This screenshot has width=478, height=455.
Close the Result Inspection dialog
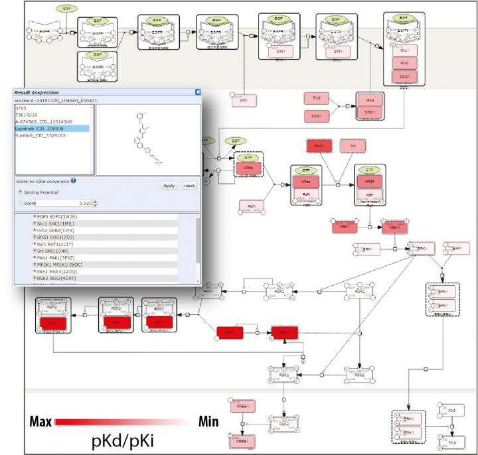[x=197, y=92]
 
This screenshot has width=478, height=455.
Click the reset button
[x=190, y=186]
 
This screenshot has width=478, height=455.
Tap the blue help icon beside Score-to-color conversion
[x=74, y=180]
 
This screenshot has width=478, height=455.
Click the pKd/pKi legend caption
[x=126, y=440]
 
